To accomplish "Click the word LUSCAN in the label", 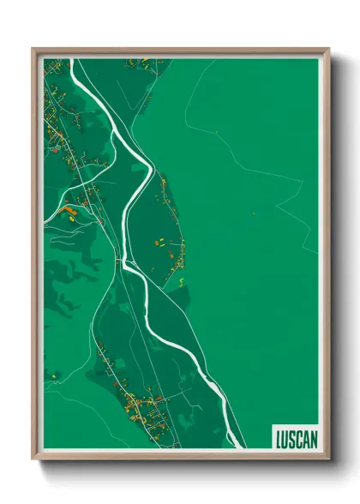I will click(296, 438).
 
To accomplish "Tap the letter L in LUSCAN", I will click(278, 438).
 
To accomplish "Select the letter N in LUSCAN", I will click(313, 438).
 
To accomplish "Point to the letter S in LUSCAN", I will click(291, 438).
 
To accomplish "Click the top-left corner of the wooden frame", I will click(33, 49).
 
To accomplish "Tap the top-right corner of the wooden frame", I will click(328, 49).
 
